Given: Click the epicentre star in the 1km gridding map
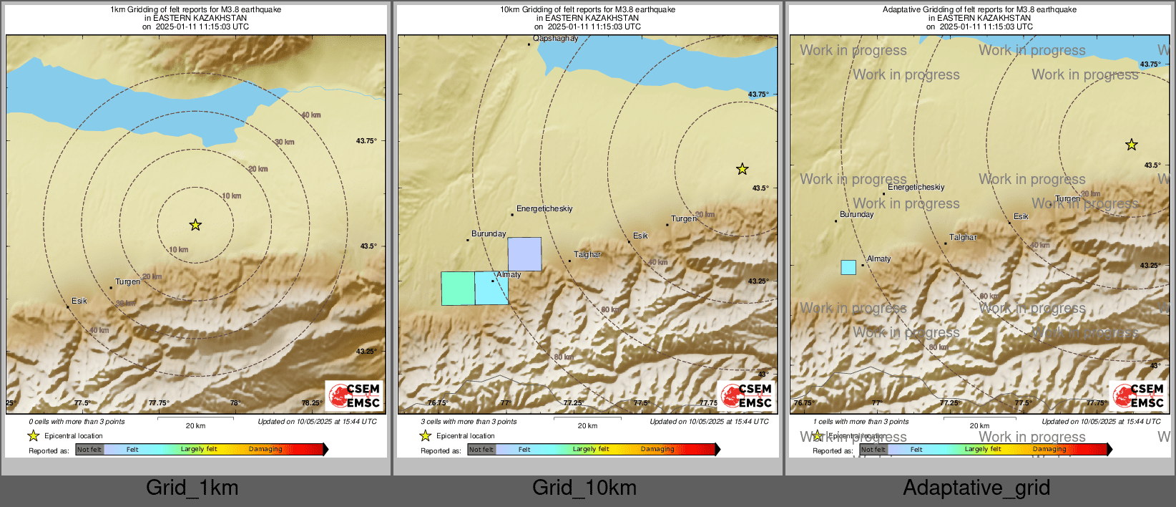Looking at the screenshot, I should tap(195, 225).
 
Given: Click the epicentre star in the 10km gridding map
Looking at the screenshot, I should tap(743, 169).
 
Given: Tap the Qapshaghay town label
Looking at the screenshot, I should tap(555, 39).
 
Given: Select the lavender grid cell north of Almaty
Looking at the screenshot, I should tap(524, 254).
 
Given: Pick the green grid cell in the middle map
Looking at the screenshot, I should tap(458, 289).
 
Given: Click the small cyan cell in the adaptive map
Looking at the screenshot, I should tap(848, 267).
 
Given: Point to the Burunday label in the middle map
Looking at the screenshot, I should tap(489, 234).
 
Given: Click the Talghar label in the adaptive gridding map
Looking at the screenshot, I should tap(963, 238).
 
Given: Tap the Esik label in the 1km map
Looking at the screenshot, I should tap(79, 301).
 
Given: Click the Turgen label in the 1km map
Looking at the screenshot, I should tap(128, 282).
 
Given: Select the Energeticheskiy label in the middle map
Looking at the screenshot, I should tap(544, 209).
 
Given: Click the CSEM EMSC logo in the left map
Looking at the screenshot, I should tap(355, 395).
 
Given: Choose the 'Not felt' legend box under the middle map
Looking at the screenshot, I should tap(481, 450).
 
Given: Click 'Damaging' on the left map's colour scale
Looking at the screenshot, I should tap(265, 450).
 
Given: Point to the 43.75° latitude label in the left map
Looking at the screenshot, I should tap(366, 141).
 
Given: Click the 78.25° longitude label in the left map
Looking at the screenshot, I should tap(311, 403).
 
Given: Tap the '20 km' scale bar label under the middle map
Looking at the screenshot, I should tap(587, 426).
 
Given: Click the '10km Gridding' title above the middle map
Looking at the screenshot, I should tap(587, 10).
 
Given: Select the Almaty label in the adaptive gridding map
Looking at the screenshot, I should tap(879, 259).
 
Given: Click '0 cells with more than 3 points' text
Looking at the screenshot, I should tap(77, 422).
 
